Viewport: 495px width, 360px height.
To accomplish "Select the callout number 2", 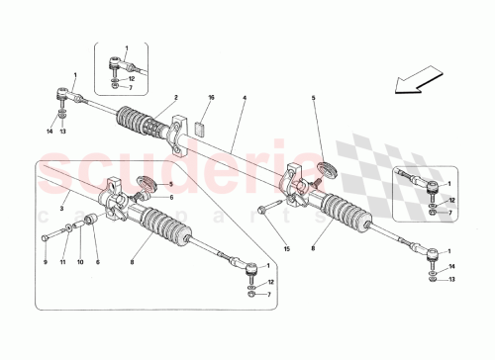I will (x=174, y=97).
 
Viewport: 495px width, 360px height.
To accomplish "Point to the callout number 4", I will (x=243, y=97).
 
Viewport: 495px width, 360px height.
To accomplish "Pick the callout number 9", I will (x=45, y=263).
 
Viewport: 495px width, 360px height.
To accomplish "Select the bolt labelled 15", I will (x=268, y=209).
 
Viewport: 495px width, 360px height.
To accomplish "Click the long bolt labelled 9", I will (x=51, y=237).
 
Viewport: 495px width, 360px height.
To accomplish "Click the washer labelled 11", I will (x=71, y=228).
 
